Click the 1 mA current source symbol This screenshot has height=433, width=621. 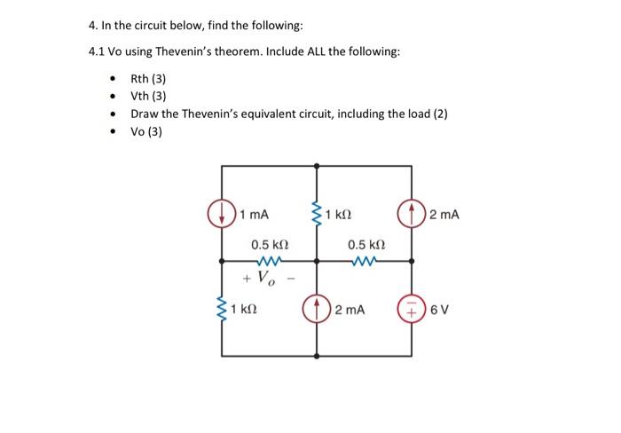tap(222, 214)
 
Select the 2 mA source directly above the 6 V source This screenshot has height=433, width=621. tap(413, 214)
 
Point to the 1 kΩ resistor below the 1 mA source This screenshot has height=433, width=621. tap(222, 310)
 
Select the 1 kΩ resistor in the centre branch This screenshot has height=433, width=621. tap(317, 214)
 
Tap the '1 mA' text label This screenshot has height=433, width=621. tap(255, 215)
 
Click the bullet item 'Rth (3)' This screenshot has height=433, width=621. tap(148, 79)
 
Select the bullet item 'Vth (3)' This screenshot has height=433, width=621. tap(148, 97)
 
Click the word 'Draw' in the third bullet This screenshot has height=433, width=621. tap(145, 114)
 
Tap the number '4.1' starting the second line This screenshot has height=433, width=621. tap(98, 51)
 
